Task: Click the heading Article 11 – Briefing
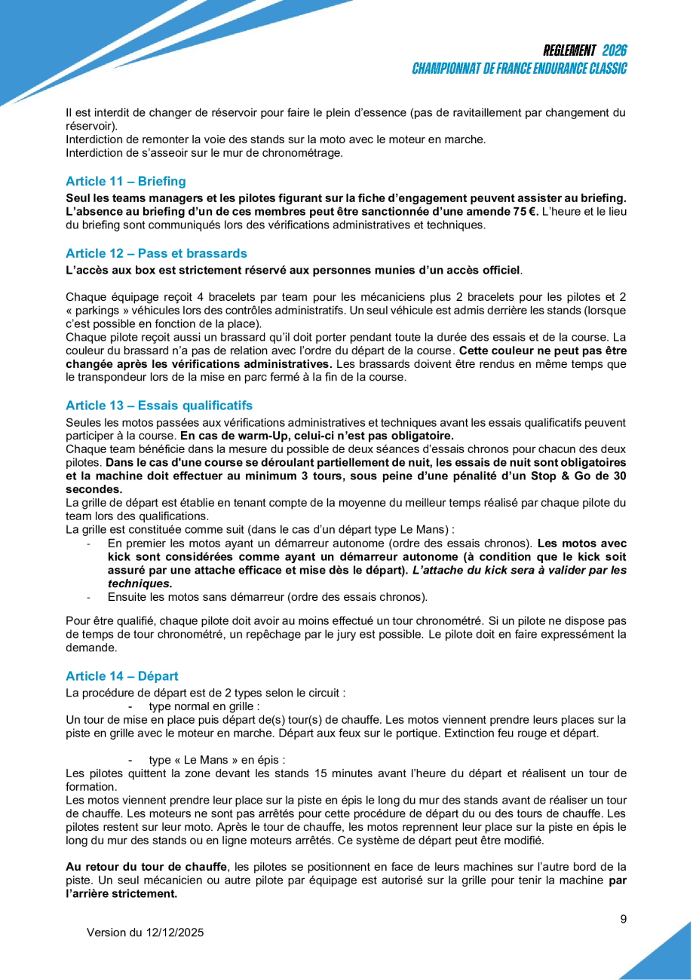[125, 181]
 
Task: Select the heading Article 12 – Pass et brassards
[156, 253]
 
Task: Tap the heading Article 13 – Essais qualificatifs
[159, 406]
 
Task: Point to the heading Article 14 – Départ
[122, 676]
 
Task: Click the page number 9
[623, 918]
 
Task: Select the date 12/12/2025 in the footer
[175, 933]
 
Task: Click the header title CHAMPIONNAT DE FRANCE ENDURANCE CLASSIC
[520, 69]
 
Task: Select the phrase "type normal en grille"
[204, 706]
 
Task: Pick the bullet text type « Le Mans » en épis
[217, 760]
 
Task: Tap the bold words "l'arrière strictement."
[121, 894]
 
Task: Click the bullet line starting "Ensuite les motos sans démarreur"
[268, 598]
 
